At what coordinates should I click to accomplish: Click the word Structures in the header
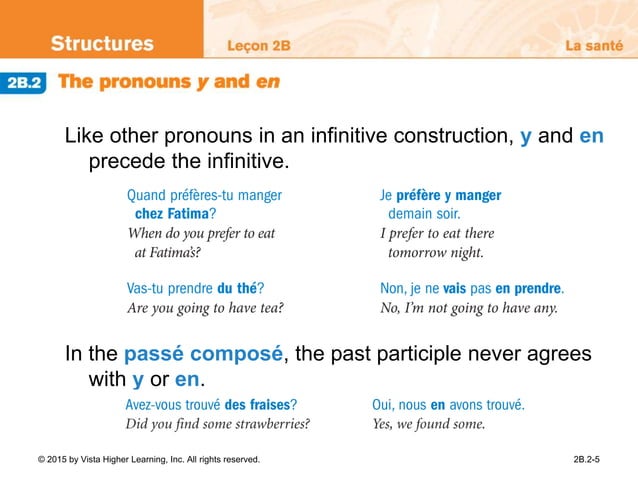coord(102,44)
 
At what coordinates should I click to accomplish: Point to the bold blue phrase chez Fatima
coord(173,214)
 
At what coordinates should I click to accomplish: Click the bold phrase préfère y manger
coord(449,196)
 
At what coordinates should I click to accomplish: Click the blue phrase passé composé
coord(204,355)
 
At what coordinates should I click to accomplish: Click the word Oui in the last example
coord(384,405)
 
